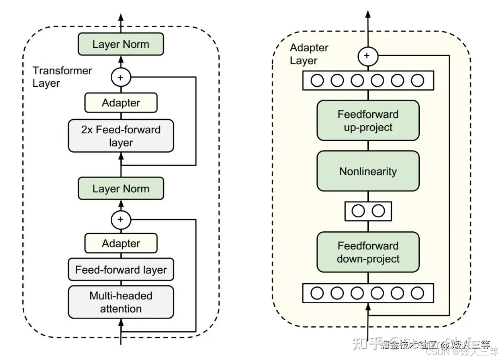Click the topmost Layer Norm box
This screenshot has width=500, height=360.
click(121, 44)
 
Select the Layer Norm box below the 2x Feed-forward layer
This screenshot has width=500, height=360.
click(121, 188)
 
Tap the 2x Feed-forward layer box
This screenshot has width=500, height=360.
click(121, 136)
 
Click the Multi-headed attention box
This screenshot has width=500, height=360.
click(121, 302)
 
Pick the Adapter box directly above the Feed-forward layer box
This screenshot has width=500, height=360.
click(121, 244)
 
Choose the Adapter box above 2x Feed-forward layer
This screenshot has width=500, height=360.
click(121, 103)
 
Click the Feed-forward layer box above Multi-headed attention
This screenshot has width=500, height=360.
click(121, 269)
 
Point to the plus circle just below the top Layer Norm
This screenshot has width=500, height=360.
click(121, 77)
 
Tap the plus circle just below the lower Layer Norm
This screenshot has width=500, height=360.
click(121, 220)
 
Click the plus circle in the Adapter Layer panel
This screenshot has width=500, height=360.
click(368, 56)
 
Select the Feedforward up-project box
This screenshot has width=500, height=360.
click(368, 121)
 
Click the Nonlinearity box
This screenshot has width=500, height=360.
click(368, 171)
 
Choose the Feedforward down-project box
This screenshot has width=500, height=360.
click(368, 252)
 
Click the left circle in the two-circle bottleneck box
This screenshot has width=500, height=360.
click(358, 211)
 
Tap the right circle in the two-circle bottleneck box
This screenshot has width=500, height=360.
click(378, 211)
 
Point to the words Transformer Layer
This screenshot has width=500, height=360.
click(62, 77)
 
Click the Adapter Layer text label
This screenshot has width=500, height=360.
click(309, 54)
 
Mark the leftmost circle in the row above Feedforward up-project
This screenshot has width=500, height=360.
click(317, 81)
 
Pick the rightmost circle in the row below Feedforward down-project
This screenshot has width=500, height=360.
click(417, 293)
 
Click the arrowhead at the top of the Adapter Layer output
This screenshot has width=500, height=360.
click(368, 14)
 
